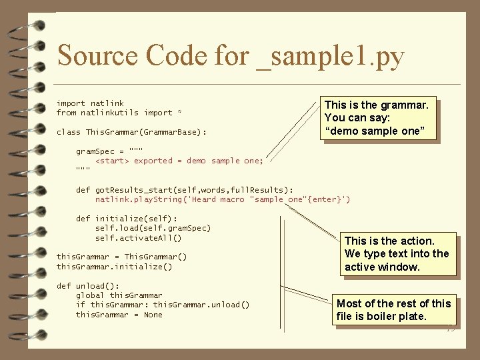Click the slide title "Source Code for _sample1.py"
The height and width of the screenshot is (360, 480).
click(231, 56)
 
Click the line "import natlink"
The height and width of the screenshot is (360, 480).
click(90, 103)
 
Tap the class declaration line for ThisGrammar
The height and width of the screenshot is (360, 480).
click(131, 132)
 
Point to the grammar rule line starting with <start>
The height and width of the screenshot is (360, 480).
click(179, 161)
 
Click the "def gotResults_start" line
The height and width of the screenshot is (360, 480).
click(184, 190)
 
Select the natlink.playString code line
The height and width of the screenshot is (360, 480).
click(223, 199)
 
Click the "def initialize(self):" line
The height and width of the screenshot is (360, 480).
click(127, 219)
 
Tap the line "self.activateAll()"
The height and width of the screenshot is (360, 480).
click(138, 238)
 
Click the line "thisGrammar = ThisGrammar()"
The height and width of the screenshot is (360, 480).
click(121, 257)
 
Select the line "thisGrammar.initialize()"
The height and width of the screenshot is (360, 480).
click(114, 267)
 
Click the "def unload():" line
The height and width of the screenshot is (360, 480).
click(83, 286)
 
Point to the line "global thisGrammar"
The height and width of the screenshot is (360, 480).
click(119, 295)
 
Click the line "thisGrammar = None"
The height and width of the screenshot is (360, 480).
click(119, 315)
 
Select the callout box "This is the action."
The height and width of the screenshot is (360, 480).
click(398, 253)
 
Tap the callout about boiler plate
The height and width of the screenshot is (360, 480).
click(395, 309)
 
